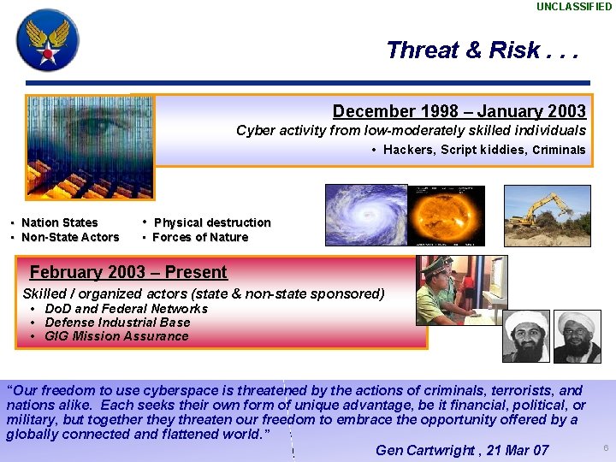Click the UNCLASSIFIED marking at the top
(x=574, y=7)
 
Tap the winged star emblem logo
(x=47, y=39)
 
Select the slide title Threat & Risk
(x=482, y=50)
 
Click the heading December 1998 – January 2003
(x=459, y=111)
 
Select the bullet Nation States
(x=59, y=222)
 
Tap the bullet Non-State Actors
(x=69, y=237)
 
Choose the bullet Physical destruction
(x=211, y=222)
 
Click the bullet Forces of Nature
(x=199, y=237)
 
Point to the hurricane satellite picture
(x=365, y=215)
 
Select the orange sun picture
(x=446, y=215)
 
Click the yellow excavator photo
(x=547, y=215)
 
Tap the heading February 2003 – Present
(x=128, y=273)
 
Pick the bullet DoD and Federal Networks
(x=126, y=308)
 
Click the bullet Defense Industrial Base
(x=117, y=322)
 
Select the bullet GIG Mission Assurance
(x=116, y=335)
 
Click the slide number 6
(x=605, y=448)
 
